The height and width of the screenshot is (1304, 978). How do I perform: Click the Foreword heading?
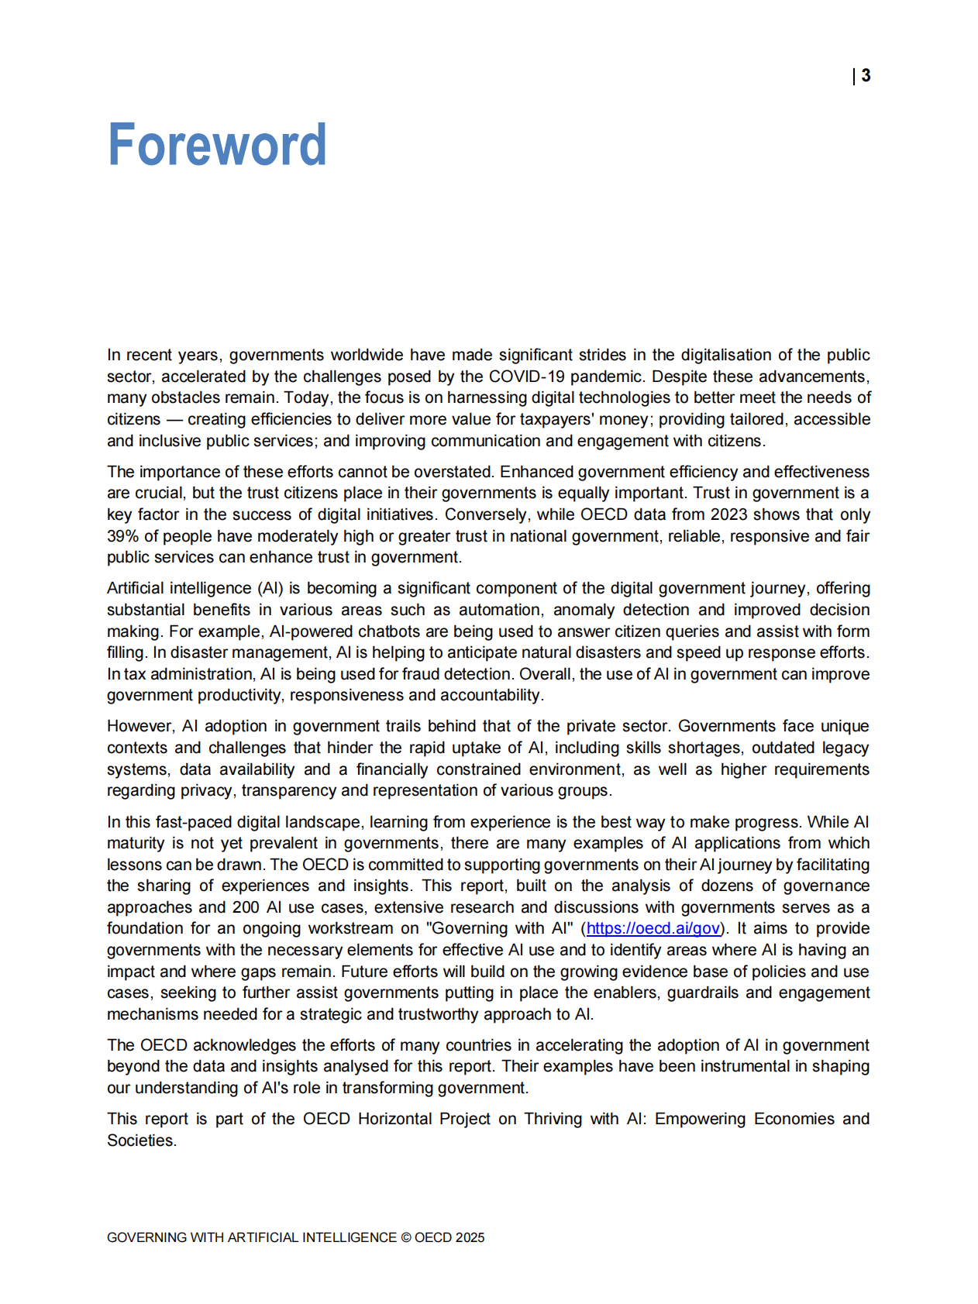click(x=216, y=145)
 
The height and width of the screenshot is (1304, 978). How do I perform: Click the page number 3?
click(x=866, y=76)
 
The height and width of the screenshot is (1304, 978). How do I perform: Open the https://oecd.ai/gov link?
click(x=653, y=928)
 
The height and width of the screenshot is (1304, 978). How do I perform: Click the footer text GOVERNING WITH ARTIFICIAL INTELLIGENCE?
click(x=251, y=1237)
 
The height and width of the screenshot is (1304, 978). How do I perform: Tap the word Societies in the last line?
click(x=140, y=1141)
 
